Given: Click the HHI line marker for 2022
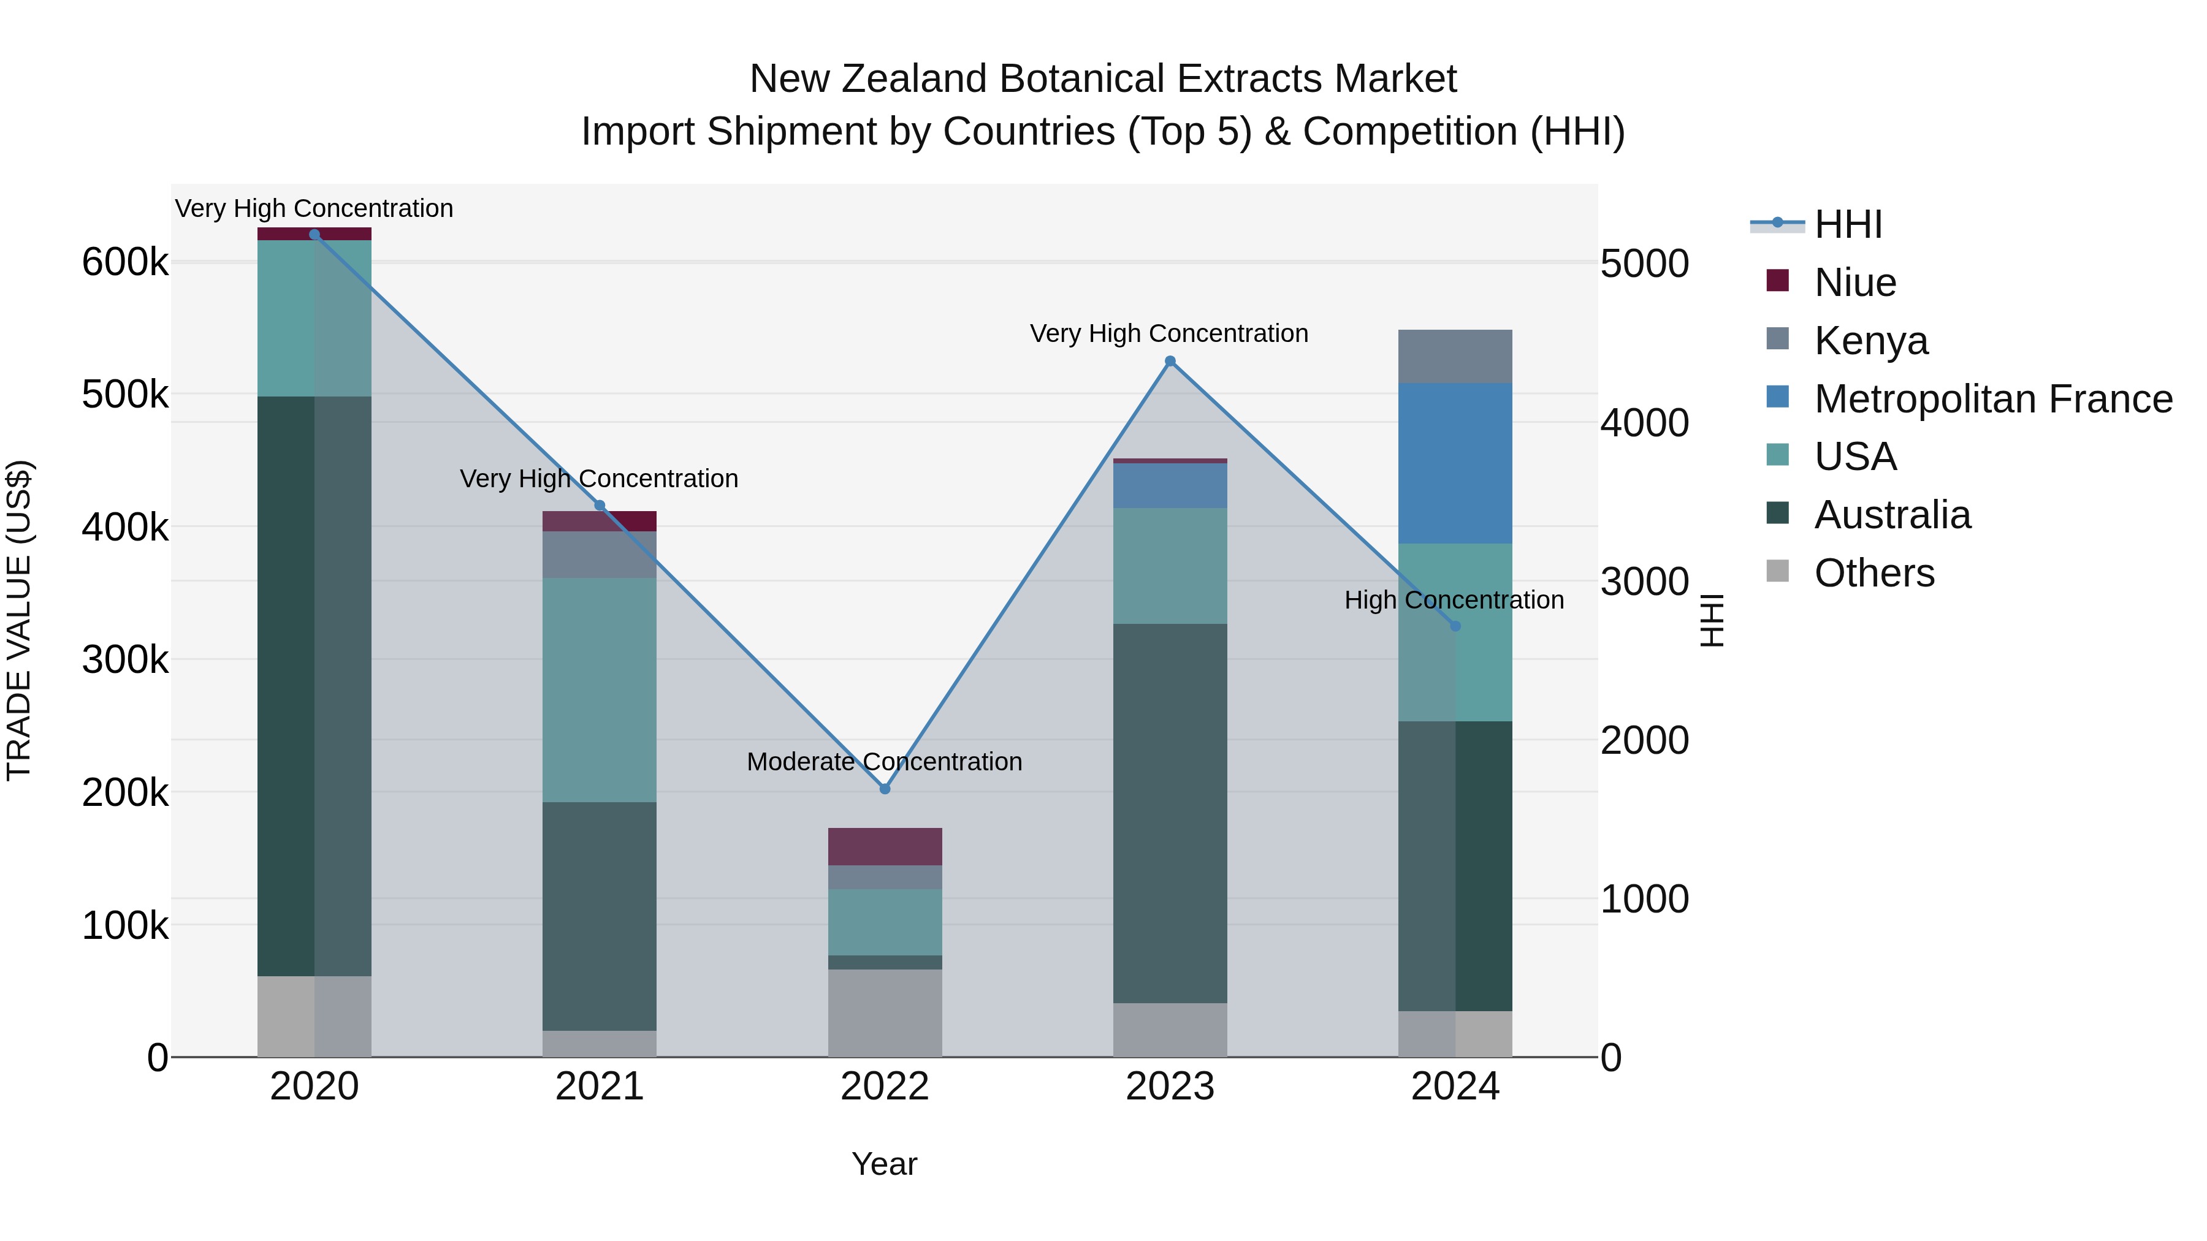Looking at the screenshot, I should coord(885,789).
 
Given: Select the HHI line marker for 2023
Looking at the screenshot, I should coord(1170,362).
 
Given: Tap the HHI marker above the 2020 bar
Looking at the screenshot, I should coord(314,235).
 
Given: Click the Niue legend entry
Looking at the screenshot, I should coord(1855,283).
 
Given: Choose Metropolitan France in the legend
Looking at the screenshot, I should coord(1993,399).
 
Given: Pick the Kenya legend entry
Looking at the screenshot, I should coord(1871,341).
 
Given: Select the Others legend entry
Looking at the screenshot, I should coord(1873,573).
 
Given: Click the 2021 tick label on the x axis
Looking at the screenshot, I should coord(600,1087).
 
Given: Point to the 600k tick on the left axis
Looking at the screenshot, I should coord(125,262).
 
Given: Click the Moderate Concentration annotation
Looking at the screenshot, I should coord(884,761).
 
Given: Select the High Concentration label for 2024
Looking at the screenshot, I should coord(1454,599).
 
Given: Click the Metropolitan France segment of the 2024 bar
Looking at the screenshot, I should coord(1455,463).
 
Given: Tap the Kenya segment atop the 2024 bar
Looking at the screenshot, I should coord(1455,356).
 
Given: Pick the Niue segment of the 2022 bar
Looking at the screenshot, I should coord(885,846).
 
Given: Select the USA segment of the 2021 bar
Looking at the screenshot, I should coord(600,689).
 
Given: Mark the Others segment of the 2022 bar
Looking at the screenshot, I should coord(885,1012).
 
